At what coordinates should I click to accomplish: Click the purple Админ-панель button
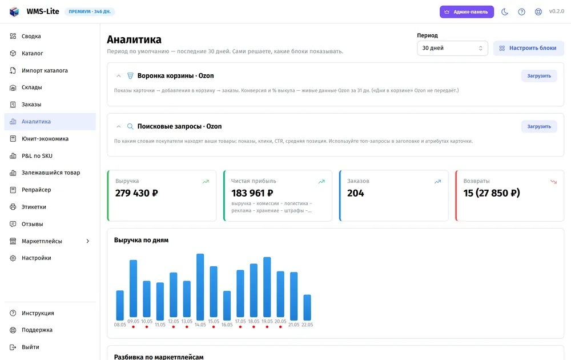[467, 11]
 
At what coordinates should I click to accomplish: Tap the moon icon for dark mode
[505, 11]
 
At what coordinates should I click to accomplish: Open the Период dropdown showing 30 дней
[452, 48]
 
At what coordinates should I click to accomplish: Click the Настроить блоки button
[528, 48]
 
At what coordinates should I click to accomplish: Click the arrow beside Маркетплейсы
[88, 241]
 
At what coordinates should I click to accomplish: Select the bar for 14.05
[200, 287]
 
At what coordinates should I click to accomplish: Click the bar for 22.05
[307, 307]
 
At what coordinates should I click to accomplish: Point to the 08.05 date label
[120, 325]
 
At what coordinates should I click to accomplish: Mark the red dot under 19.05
[267, 327]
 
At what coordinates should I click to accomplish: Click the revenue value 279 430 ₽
[136, 193]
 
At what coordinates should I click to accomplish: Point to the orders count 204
[355, 193]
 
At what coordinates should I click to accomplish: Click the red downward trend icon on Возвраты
[553, 182]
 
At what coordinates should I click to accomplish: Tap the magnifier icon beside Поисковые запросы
[130, 126]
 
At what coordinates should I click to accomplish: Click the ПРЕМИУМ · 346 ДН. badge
[90, 11]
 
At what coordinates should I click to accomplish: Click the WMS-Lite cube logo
[14, 11]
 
